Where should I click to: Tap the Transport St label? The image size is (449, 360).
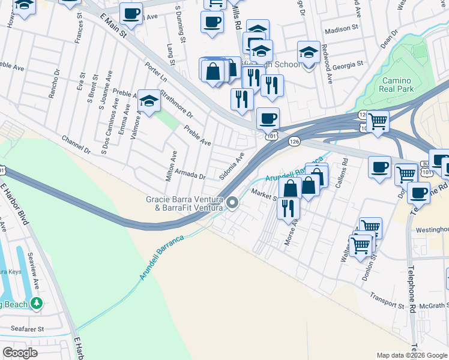coord(387,300)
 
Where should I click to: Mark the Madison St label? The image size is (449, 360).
coord(341,28)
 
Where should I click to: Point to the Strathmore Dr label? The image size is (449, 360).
coord(176,105)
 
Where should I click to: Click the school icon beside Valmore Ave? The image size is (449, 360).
coord(149,101)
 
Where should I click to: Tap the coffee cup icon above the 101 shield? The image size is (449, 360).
coord(268,118)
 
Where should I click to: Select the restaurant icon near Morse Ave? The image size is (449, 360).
coord(289,208)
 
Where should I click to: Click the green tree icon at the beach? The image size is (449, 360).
coord(37,304)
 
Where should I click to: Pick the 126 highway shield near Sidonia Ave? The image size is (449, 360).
coord(294,141)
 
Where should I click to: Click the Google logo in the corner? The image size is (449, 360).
coord(20,352)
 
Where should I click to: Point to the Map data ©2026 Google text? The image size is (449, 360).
coord(411,355)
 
